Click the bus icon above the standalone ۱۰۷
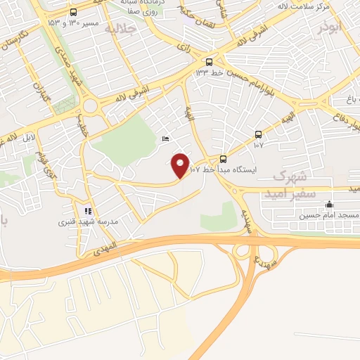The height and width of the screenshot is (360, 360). click(258, 134)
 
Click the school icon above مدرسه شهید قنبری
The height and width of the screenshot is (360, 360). click(87, 210)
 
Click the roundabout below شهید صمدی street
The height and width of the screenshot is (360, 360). click(89, 108)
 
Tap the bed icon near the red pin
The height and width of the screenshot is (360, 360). click(165, 139)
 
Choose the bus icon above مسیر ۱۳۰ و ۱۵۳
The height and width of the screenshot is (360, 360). click(74, 12)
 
